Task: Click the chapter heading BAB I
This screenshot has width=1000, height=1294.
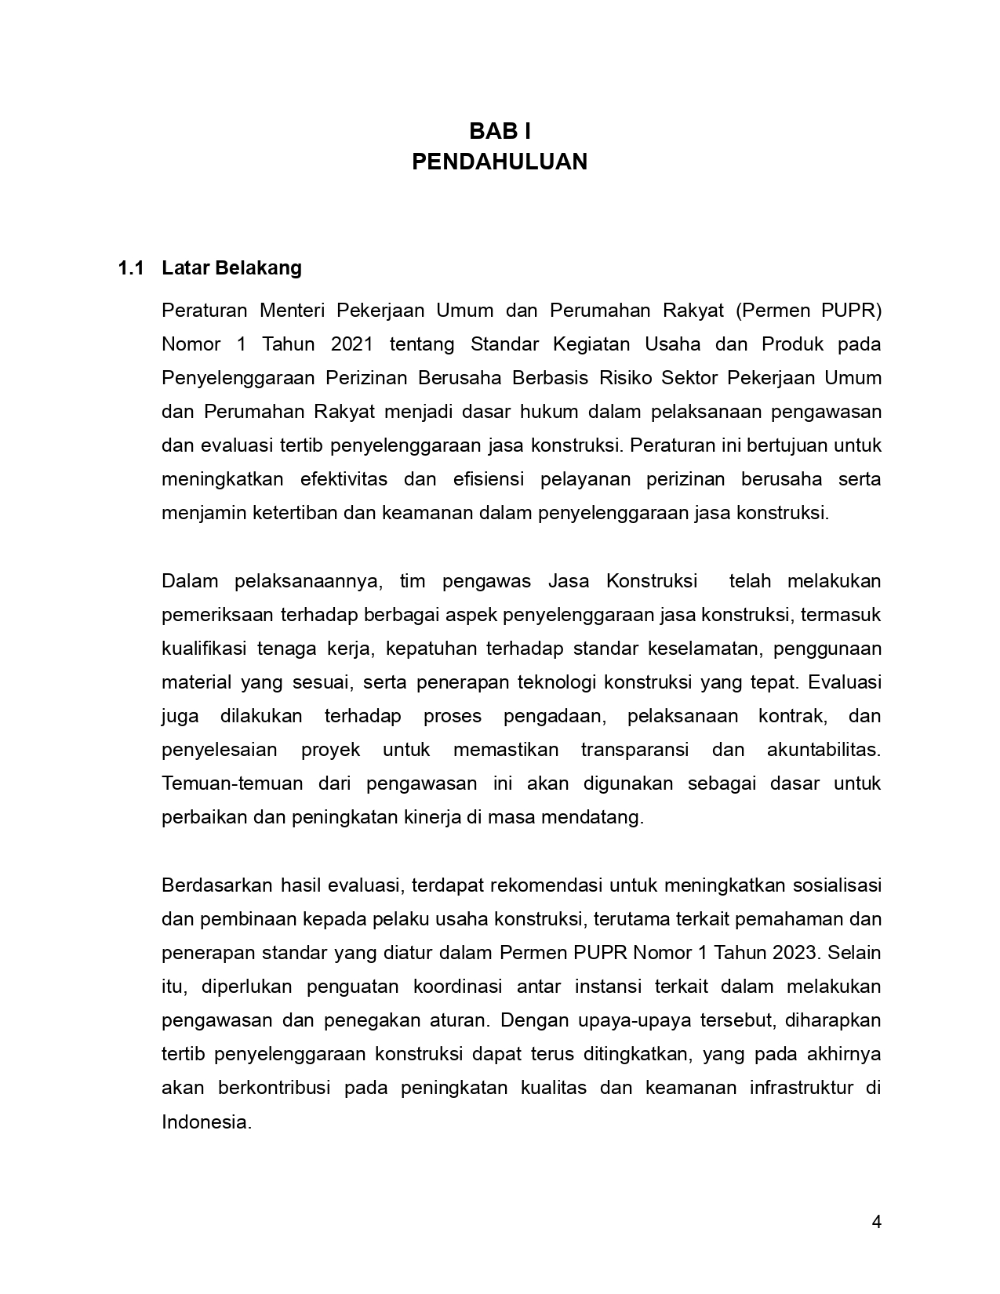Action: point(500,131)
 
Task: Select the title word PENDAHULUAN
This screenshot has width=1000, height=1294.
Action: point(500,162)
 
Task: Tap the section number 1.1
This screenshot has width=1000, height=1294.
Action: point(131,268)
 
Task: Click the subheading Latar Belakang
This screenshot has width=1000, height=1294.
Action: point(231,268)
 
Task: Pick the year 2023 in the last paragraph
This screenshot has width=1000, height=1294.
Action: point(793,953)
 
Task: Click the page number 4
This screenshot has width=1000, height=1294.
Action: point(876,1222)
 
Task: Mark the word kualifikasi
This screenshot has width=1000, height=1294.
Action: point(204,649)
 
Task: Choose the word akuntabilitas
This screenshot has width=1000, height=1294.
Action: point(824,750)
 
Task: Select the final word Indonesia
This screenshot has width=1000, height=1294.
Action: point(205,1121)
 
